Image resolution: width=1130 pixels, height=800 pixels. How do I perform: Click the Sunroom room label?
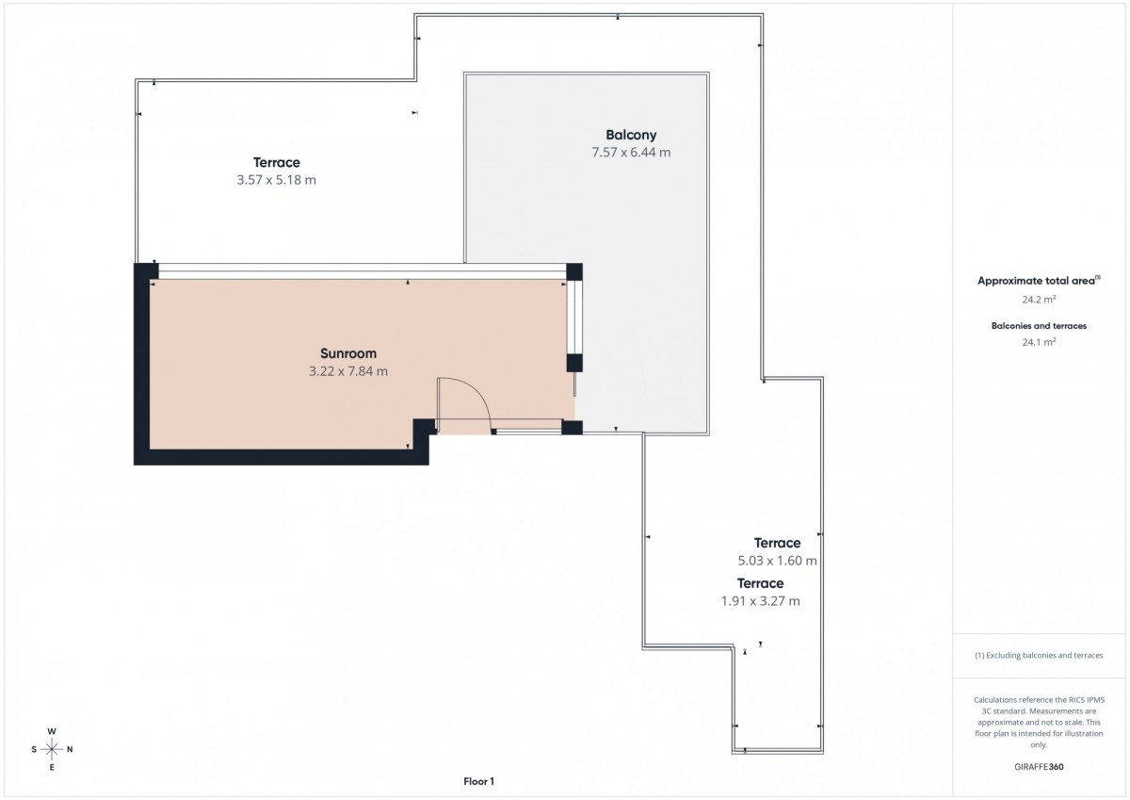348,353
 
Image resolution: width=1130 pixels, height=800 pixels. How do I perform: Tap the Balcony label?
631,136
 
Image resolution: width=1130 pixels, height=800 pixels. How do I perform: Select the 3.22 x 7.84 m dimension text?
348,371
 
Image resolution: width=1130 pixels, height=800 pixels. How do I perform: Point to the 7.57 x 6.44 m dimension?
631,153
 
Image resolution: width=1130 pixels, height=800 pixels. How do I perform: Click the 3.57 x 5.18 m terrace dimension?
277,180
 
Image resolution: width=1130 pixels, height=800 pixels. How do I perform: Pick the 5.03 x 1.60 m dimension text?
778,561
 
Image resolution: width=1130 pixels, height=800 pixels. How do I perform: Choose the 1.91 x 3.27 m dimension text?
760,601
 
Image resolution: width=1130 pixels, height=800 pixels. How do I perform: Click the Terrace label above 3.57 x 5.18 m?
277,162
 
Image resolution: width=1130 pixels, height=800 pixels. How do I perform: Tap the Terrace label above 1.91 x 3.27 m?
760,583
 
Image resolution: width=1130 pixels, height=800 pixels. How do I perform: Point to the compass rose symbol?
52,749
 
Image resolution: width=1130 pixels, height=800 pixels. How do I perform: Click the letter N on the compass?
70,749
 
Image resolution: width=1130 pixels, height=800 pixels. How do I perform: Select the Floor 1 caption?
478,781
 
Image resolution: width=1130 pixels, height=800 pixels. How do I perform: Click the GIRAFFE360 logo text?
1039,767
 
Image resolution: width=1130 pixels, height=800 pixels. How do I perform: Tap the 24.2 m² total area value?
1039,300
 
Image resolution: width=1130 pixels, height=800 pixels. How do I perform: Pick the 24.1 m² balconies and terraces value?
1039,342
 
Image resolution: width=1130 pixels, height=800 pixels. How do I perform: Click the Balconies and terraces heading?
1039,326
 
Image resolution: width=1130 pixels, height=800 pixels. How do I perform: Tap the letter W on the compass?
52,731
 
